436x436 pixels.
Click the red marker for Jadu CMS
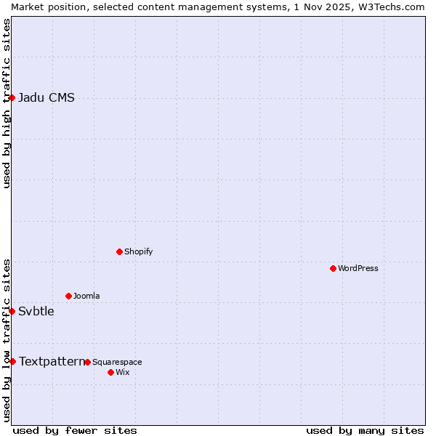[x=12, y=97]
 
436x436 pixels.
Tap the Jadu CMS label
[x=47, y=98]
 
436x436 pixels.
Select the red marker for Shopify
[x=119, y=251]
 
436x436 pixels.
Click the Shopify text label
[x=138, y=251]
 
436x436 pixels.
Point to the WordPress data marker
[x=333, y=268]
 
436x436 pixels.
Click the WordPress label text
[x=358, y=268]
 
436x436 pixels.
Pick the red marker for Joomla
[x=68, y=296]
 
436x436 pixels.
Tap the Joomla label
[x=86, y=296]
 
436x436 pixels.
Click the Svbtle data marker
[x=12, y=311]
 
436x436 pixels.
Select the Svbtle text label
[x=36, y=312]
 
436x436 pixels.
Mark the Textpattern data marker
[x=12, y=361]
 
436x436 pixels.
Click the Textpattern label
[x=52, y=361]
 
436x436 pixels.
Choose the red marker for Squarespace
[x=87, y=362]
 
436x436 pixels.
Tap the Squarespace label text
[x=117, y=362]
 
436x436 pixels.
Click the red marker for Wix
[x=110, y=372]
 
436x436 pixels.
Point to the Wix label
[x=123, y=372]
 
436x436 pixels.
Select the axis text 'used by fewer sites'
[x=75, y=430]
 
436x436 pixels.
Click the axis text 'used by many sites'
[x=365, y=430]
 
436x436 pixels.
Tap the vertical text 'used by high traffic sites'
[x=7, y=103]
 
